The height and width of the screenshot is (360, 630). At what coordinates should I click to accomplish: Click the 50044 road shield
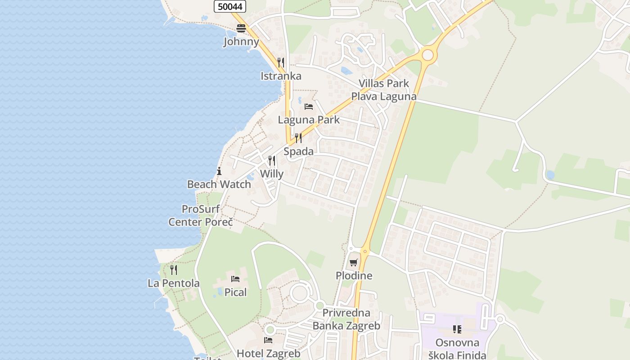(229, 6)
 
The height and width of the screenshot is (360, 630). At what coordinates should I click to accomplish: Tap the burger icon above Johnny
(241, 28)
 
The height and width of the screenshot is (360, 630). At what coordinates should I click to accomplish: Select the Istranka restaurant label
(281, 76)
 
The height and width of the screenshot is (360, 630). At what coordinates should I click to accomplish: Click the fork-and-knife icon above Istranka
(281, 62)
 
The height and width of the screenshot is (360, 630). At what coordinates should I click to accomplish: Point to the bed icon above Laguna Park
(309, 107)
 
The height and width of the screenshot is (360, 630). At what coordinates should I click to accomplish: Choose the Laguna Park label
(309, 120)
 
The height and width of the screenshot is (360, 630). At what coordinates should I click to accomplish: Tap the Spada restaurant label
(298, 152)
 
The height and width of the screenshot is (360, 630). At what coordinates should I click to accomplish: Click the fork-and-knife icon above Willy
(272, 161)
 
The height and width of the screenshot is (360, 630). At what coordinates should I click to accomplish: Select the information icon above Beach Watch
(219, 171)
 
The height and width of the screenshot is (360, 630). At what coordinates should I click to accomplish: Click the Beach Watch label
(219, 184)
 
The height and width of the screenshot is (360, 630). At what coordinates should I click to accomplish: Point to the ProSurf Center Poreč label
(201, 216)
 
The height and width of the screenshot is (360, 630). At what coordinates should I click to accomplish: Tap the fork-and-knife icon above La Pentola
(174, 270)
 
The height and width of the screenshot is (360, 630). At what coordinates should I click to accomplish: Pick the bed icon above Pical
(235, 279)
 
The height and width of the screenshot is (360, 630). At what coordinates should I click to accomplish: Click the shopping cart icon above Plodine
(354, 262)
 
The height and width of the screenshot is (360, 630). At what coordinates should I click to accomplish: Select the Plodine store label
(354, 276)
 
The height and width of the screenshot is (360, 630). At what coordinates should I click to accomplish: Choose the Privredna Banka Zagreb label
(346, 319)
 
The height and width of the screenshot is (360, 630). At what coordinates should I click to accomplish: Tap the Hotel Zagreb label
(269, 354)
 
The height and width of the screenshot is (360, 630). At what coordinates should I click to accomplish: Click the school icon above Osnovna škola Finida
(457, 329)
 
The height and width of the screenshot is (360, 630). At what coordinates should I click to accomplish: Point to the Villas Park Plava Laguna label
(384, 90)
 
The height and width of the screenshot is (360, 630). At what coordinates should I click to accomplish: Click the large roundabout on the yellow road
(427, 55)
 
